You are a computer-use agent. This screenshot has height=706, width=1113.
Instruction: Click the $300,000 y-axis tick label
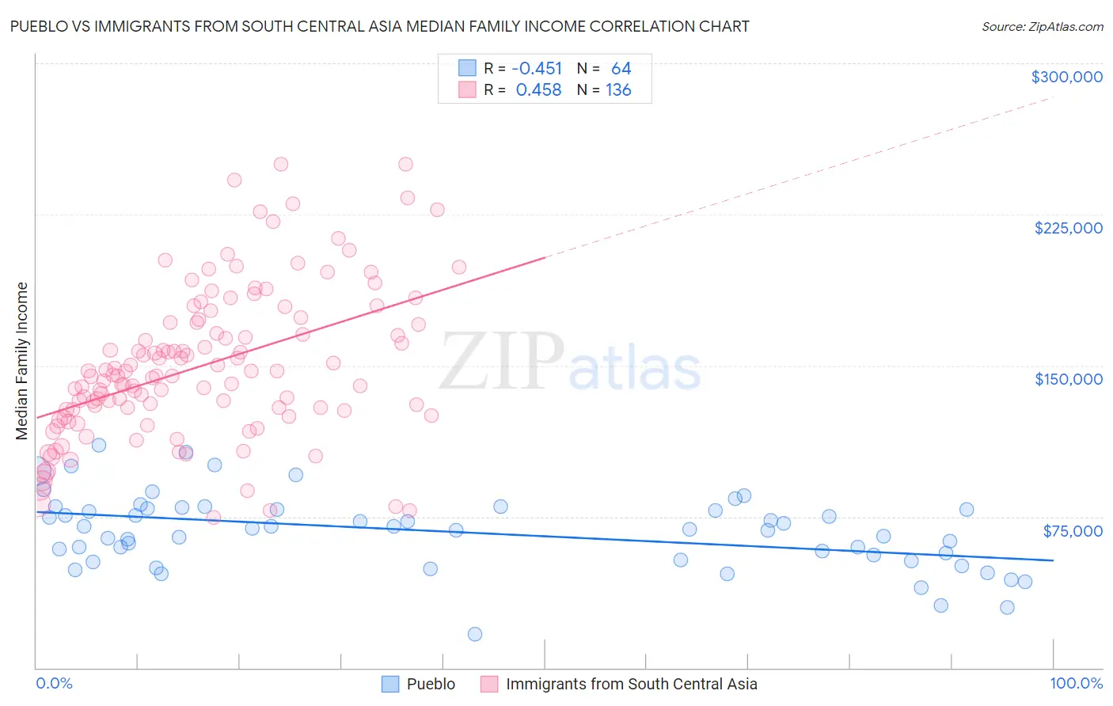(x=1066, y=77)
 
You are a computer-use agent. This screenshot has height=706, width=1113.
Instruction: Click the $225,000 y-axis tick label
(x=1068, y=228)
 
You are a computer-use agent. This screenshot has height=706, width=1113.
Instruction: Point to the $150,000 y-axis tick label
(x=1068, y=379)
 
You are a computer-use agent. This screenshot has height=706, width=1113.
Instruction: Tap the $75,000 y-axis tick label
(x=1072, y=531)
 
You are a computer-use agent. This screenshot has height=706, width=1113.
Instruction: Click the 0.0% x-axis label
(x=54, y=684)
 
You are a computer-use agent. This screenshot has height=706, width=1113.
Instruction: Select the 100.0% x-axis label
(x=1076, y=684)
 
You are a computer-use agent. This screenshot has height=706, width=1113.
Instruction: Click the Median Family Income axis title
(x=21, y=361)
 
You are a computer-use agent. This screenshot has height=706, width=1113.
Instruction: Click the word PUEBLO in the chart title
(x=39, y=26)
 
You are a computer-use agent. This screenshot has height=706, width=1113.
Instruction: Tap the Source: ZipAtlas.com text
(x=1042, y=26)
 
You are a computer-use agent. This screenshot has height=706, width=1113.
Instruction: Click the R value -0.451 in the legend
(x=537, y=69)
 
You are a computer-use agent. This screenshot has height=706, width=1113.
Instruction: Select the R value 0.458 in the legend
(x=538, y=90)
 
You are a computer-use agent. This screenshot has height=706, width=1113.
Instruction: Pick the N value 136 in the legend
(x=618, y=90)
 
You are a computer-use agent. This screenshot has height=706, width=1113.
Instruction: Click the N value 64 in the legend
(x=621, y=69)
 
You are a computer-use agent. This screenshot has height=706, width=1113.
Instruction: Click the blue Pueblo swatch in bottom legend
(x=390, y=684)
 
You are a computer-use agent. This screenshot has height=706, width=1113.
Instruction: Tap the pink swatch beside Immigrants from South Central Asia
(x=489, y=684)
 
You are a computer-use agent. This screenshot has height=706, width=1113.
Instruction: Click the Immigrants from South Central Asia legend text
(x=631, y=684)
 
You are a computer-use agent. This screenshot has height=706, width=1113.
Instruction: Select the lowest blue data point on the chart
(x=475, y=634)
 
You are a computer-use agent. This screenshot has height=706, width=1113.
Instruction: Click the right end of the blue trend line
(x=1054, y=560)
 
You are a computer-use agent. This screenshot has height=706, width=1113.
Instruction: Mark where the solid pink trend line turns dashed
(x=545, y=257)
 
